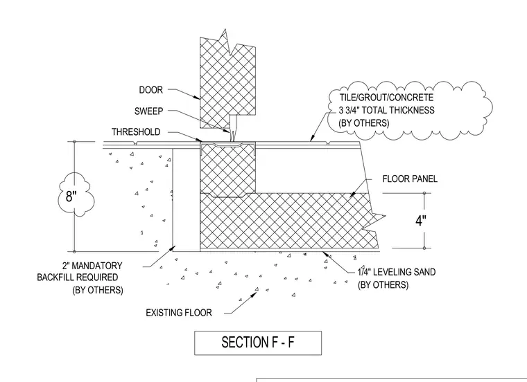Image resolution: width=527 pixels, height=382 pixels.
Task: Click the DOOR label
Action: click(x=151, y=90)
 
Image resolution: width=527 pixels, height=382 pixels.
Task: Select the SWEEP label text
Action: click(x=148, y=111)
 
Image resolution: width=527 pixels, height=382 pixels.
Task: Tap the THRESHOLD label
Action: click(x=136, y=131)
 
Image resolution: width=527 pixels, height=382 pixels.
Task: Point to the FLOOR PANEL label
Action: click(x=410, y=179)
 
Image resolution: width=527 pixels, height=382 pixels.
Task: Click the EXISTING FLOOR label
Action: click(x=179, y=313)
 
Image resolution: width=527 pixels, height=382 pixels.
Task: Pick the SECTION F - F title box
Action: click(x=258, y=343)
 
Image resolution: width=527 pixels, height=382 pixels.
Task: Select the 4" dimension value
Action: click(x=421, y=221)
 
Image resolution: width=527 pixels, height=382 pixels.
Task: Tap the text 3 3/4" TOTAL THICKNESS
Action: click(x=386, y=110)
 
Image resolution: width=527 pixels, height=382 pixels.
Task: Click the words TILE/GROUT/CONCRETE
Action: click(x=386, y=98)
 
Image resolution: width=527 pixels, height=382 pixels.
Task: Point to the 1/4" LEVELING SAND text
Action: click(x=397, y=272)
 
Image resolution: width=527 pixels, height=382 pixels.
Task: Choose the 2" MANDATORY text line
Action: click(x=92, y=266)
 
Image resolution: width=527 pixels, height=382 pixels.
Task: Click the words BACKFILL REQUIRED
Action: click(x=77, y=278)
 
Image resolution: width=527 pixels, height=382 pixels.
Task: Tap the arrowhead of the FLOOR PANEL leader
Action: click(x=352, y=194)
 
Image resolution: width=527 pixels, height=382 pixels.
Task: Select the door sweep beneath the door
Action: click(x=233, y=128)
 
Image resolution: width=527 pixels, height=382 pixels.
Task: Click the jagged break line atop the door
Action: click(x=228, y=43)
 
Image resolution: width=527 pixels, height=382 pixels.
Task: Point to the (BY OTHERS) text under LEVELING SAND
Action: click(x=383, y=284)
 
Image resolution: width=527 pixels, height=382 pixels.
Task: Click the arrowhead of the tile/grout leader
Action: click(x=311, y=138)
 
